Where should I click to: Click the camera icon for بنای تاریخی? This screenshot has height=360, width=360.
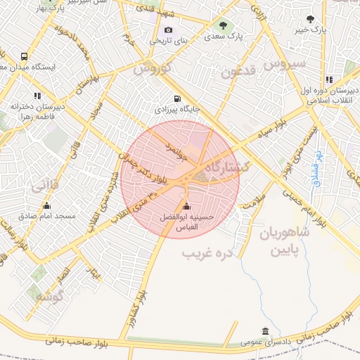point(167,30)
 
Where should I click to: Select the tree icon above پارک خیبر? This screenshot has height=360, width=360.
point(311,19)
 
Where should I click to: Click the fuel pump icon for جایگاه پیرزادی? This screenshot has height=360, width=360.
point(176,98)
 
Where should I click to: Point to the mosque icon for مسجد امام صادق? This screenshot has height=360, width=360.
point(47,205)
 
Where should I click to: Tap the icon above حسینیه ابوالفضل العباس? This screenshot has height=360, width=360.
point(186,206)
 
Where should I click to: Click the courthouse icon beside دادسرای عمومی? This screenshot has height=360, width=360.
point(264,331)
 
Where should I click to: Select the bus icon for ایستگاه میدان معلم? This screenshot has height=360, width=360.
point(25,56)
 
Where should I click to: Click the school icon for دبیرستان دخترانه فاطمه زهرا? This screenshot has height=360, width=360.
point(37,96)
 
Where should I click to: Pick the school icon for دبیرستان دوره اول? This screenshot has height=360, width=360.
point(329,79)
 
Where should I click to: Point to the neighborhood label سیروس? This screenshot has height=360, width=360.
point(285,64)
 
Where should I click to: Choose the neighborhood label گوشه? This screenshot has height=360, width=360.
point(49,296)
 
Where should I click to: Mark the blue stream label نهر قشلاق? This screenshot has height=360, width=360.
point(316,169)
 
